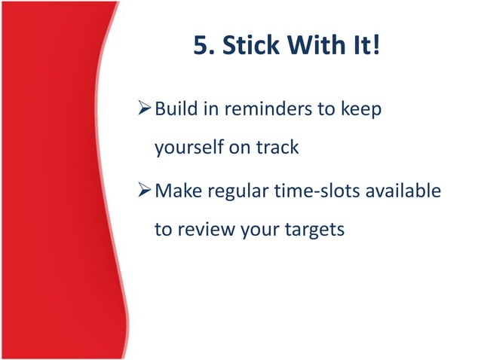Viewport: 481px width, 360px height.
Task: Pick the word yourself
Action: [x=188, y=148]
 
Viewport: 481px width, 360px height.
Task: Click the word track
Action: [x=277, y=147]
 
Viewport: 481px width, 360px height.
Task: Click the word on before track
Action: [x=240, y=148]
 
